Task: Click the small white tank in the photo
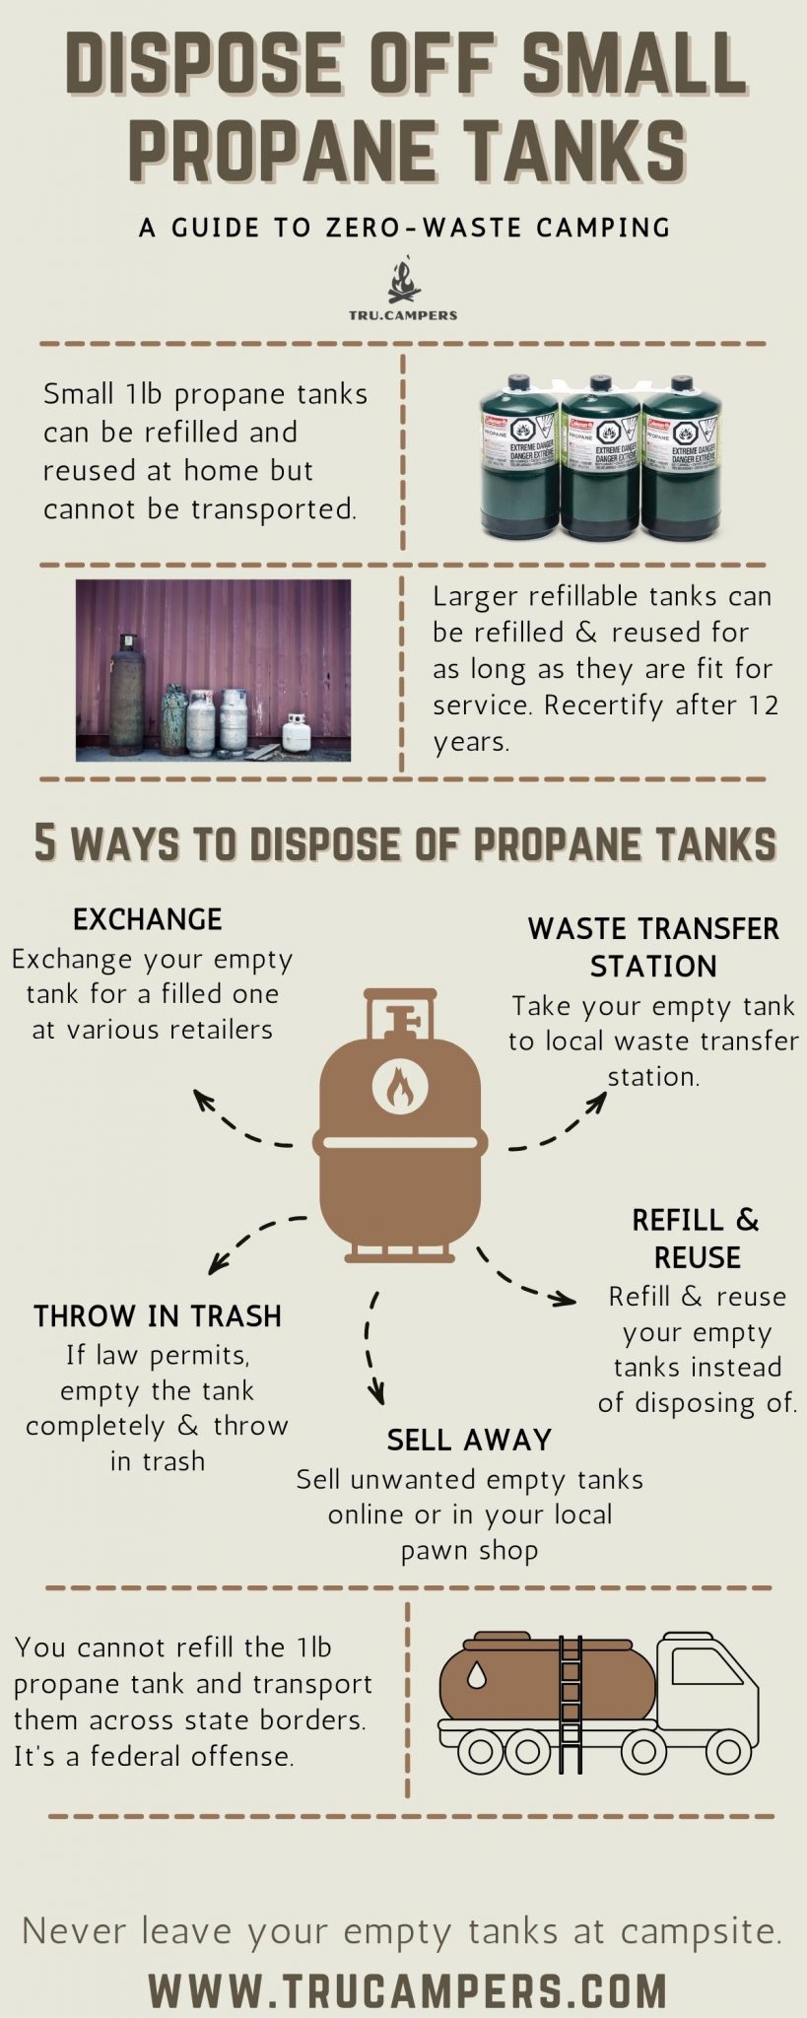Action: (297, 732)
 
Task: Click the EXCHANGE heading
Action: (148, 919)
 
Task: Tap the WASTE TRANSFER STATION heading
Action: (653, 947)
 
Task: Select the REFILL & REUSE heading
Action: (696, 1239)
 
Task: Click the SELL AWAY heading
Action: (469, 1440)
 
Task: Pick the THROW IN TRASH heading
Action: (158, 1316)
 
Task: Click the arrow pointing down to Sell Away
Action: (372, 1350)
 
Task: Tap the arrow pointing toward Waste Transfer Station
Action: (562, 1123)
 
